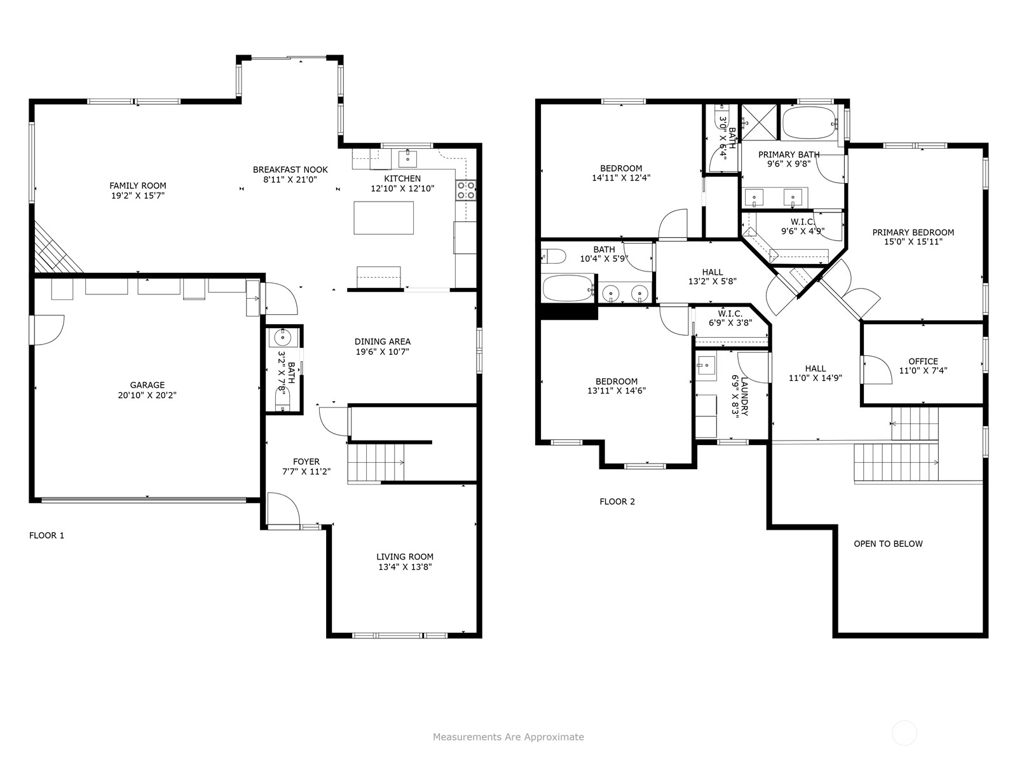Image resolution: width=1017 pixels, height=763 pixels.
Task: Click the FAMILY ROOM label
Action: (137, 186)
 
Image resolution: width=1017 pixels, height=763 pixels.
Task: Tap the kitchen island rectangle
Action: (384, 217)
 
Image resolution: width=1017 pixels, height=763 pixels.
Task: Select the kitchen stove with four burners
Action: (466, 190)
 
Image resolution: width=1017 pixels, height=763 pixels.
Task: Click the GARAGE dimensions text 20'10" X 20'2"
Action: (147, 395)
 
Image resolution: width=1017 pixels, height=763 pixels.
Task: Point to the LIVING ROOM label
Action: (405, 556)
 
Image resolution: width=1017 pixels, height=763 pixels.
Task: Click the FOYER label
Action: (306, 462)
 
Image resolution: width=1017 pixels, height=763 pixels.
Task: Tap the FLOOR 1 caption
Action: (47, 535)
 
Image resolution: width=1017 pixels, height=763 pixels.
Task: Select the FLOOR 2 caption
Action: (617, 501)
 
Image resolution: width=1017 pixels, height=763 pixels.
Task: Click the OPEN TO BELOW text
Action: (888, 544)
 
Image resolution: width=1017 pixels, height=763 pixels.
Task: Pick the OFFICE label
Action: (924, 361)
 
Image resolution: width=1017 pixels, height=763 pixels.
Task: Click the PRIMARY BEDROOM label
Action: (913, 233)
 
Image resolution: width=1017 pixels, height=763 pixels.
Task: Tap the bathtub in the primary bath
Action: (809, 123)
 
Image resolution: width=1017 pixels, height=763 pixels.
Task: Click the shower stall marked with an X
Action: (759, 122)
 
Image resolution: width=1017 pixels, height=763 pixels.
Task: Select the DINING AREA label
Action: (383, 341)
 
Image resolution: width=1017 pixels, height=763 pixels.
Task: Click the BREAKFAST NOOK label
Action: (290, 170)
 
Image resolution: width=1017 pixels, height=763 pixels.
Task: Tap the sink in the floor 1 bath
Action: (283, 338)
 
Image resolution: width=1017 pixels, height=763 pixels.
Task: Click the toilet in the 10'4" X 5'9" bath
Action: (554, 256)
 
